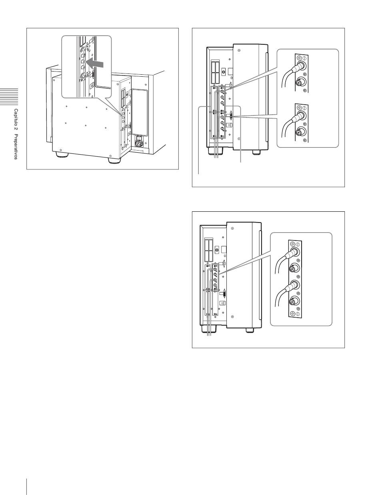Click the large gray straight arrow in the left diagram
coord(95,63)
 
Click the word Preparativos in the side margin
coord(16,147)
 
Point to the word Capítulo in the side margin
coord(16,118)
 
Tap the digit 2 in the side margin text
coord(16,130)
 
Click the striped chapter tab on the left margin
coord(9,96)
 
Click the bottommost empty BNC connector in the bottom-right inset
coord(293,302)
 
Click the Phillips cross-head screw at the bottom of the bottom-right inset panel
coord(292,314)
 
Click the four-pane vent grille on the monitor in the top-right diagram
coord(214,72)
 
